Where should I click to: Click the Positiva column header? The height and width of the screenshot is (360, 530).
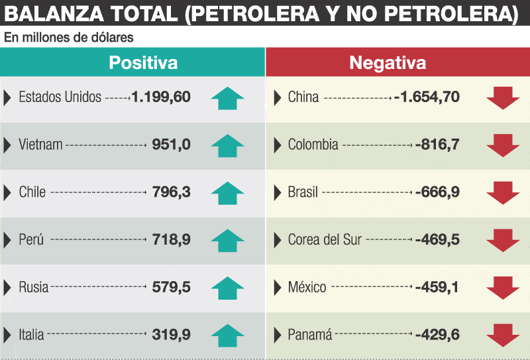pos(143,62)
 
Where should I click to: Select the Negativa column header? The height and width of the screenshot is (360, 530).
pos(388,62)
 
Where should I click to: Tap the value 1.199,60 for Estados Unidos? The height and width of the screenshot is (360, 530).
pos(161,97)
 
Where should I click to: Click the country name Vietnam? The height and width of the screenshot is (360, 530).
pos(40,145)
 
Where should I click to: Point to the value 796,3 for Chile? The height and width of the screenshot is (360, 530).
pos(172,192)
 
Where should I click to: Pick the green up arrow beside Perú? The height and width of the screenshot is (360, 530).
pos(227,241)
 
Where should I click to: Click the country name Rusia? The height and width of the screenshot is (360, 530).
pos(34,287)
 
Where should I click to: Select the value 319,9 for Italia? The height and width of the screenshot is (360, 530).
pos(172,335)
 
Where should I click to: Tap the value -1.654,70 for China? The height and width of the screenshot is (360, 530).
pos(427,97)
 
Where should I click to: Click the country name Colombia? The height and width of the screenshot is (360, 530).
pos(313,145)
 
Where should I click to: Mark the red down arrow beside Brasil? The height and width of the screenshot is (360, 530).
pos(503,193)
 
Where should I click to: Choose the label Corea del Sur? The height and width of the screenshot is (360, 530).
pos(325,239)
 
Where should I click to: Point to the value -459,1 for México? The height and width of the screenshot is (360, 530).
pos(437,287)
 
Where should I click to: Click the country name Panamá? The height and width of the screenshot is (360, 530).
pos(310,335)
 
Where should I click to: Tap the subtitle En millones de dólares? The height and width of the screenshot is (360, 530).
pos(69,37)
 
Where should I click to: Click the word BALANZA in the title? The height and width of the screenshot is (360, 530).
pos(54,14)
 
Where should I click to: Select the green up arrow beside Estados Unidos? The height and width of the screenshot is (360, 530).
pos(227,98)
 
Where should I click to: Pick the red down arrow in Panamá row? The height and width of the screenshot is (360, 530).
pos(503,335)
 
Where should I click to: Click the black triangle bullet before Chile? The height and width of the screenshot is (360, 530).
pos(7,192)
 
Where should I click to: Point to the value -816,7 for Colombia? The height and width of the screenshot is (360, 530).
pos(437,145)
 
